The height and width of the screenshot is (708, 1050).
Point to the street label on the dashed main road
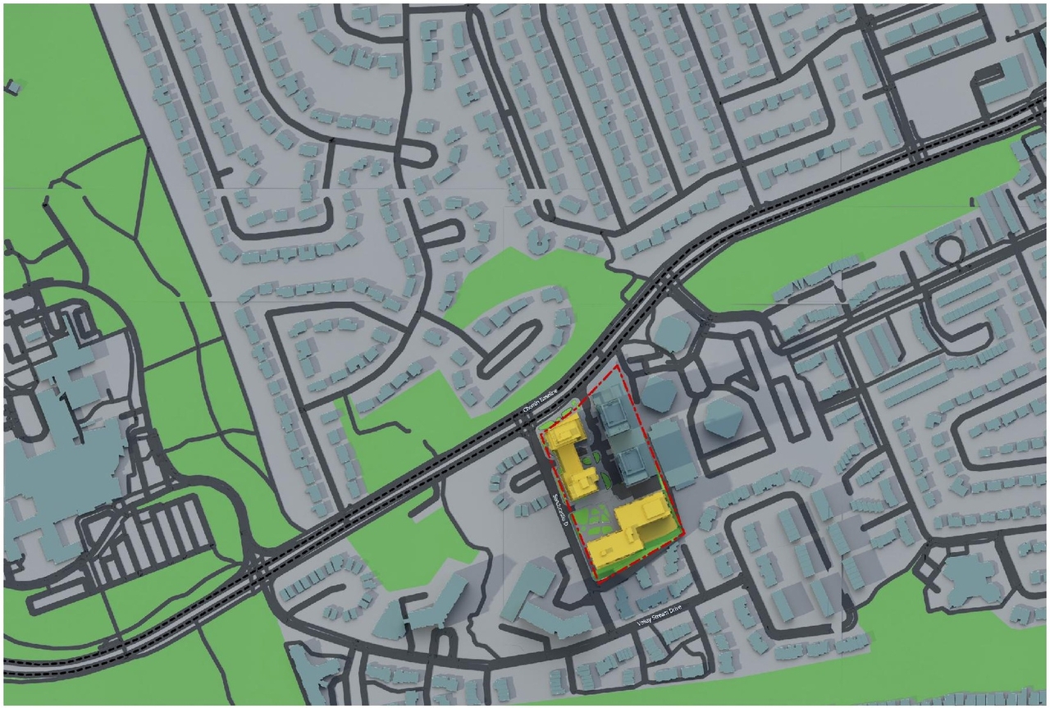tap(540, 405)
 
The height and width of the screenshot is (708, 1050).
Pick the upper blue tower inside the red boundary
tap(612, 409)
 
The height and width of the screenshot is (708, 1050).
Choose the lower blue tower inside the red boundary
tap(632, 464)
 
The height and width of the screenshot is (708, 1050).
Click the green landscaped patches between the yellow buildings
tap(588, 520)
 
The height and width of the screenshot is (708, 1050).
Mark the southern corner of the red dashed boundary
tap(600, 581)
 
